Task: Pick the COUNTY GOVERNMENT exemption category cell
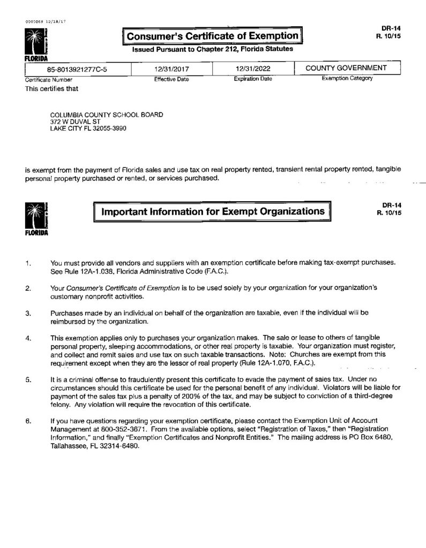pyautogui.click(x=346, y=68)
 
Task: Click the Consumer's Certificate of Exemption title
pyautogui.click(x=212, y=36)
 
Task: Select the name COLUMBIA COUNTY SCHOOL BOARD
pyautogui.click(x=107, y=115)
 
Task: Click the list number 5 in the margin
pyautogui.click(x=28, y=379)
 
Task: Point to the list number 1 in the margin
pyautogui.click(x=28, y=263)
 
